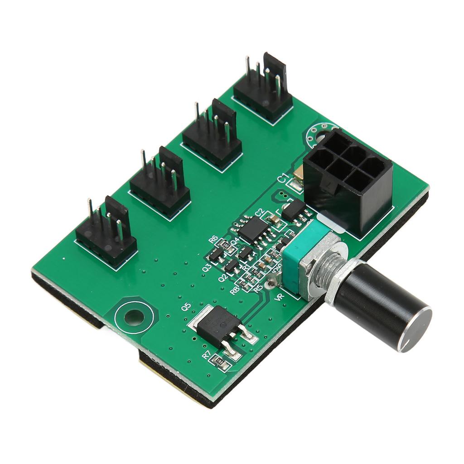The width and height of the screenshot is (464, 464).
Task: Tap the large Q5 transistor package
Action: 219,325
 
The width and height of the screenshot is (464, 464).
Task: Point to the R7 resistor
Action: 220,361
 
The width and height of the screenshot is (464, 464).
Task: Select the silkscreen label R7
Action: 208,356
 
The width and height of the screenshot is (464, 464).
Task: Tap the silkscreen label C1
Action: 283,179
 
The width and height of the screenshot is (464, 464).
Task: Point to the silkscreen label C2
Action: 259,212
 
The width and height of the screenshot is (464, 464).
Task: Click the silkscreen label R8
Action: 234,290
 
